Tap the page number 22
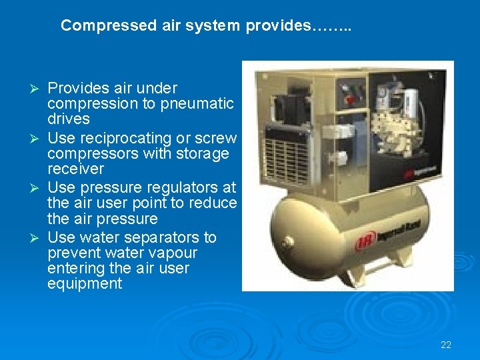tap(446, 345)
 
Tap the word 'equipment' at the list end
tap(85, 284)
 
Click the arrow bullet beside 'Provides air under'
tap(37, 89)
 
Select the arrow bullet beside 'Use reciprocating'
tap(37, 139)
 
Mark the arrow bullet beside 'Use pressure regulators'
tap(37, 188)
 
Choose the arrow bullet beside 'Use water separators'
tap(37, 238)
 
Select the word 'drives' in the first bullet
tap(69, 119)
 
